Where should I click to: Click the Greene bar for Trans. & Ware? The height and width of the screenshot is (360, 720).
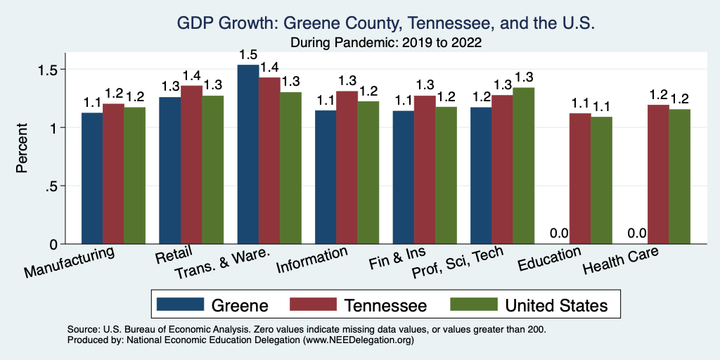[x=248, y=155]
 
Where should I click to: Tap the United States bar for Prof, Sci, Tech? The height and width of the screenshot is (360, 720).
[x=524, y=166]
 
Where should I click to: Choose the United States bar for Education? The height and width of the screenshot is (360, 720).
[x=601, y=180]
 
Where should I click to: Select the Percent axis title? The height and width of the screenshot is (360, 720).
[x=22, y=148]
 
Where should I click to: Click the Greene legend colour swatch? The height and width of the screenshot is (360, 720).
[x=178, y=304]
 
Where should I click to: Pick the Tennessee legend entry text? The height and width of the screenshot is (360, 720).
[x=385, y=305]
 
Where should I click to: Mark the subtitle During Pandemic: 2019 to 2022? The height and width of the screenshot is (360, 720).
[x=385, y=42]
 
